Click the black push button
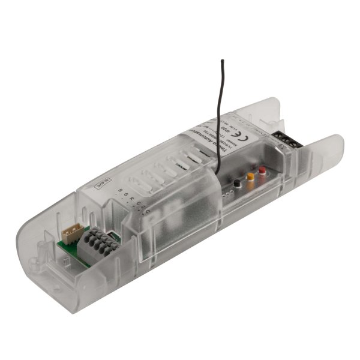238,182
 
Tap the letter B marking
121,190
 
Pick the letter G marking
128,193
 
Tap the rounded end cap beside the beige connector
48,264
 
